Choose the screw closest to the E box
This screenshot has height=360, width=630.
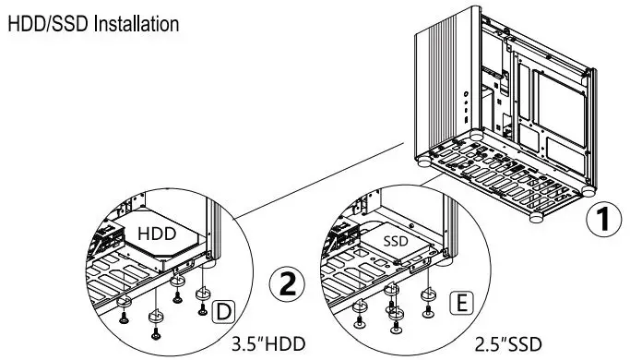pos(427,310)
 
